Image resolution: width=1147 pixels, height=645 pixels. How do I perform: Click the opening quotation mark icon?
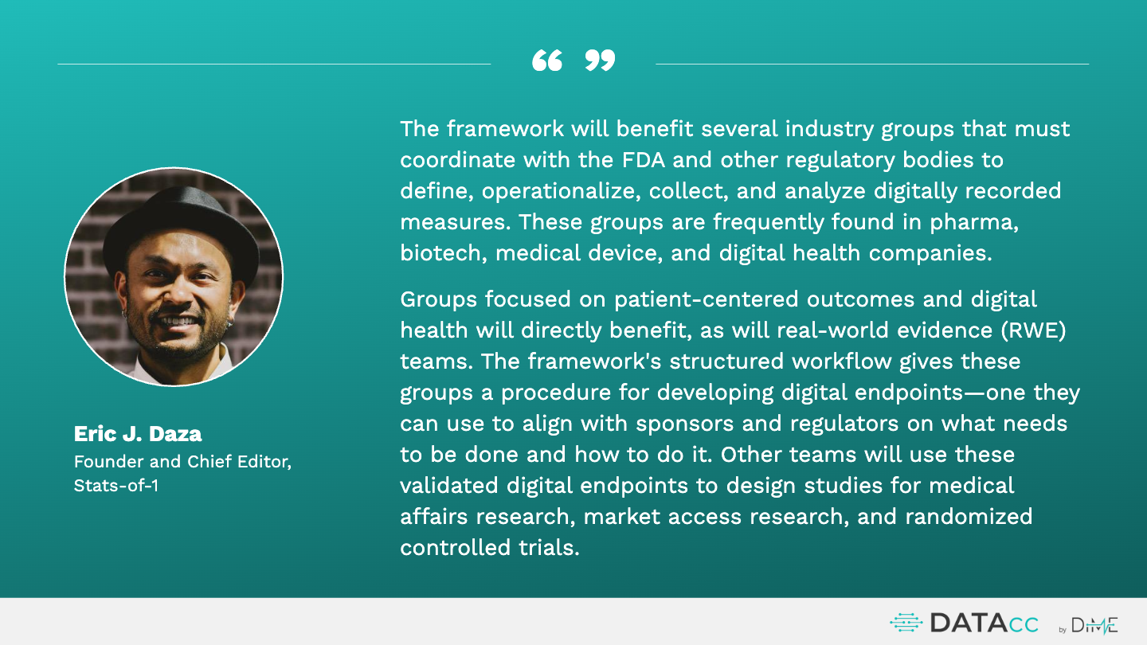click(547, 61)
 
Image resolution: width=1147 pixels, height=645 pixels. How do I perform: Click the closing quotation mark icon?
click(600, 61)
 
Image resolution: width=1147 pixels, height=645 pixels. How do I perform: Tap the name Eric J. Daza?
click(138, 433)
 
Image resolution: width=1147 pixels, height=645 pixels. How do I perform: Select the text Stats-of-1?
click(116, 485)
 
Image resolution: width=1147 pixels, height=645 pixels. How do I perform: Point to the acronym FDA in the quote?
click(643, 160)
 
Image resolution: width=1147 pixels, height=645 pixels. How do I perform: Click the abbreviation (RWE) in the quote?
click(1033, 330)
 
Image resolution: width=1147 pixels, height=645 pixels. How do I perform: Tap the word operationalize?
click(562, 191)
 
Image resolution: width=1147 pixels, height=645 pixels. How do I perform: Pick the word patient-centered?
click(706, 299)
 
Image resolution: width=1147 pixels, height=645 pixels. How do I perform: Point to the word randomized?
click(969, 516)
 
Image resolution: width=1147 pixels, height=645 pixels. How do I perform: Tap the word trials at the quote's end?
click(549, 547)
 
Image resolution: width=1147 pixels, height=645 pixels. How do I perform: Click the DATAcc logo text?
click(985, 623)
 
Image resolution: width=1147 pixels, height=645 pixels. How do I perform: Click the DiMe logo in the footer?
click(1094, 625)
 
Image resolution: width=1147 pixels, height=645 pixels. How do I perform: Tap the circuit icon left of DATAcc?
click(906, 623)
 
